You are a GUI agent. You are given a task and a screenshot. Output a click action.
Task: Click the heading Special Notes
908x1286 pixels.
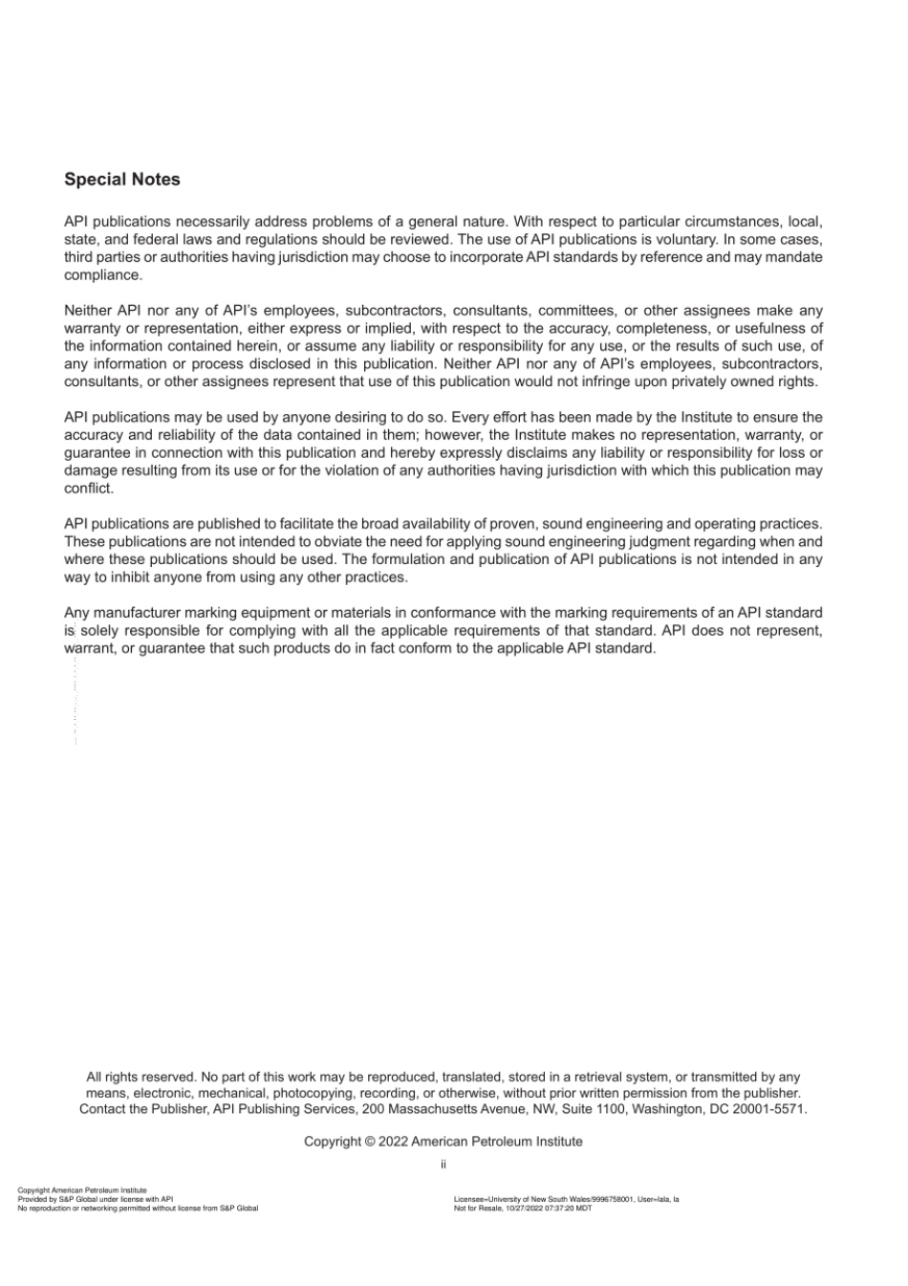[121, 180]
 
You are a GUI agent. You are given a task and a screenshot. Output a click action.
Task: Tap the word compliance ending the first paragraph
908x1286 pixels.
[103, 275]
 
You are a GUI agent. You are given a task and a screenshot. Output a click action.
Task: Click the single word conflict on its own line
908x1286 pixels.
[89, 489]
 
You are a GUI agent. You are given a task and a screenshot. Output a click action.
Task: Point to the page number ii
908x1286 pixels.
[443, 1165]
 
